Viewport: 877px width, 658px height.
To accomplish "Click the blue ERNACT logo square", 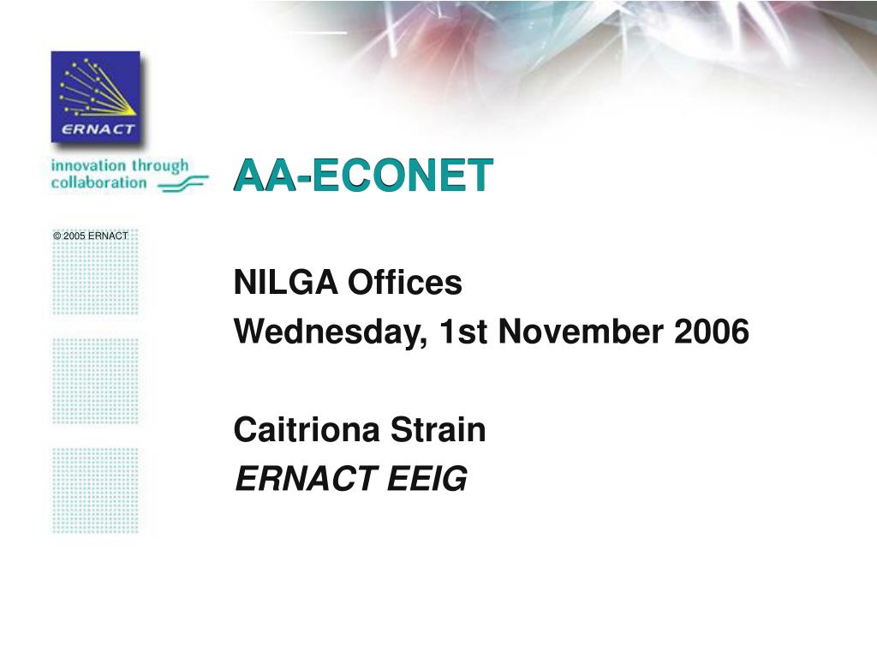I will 95,96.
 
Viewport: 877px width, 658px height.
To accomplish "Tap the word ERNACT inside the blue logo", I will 98,130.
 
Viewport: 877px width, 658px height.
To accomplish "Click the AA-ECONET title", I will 364,176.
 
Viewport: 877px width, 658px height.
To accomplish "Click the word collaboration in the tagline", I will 98,182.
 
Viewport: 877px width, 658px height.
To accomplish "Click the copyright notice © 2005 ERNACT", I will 90,236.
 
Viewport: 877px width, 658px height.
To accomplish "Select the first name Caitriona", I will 308,430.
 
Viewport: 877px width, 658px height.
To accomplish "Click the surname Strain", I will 438,430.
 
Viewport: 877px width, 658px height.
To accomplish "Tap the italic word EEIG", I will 427,480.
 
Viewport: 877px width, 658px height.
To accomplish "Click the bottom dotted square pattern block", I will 95,490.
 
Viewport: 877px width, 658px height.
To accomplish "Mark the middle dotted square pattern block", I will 95,380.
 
